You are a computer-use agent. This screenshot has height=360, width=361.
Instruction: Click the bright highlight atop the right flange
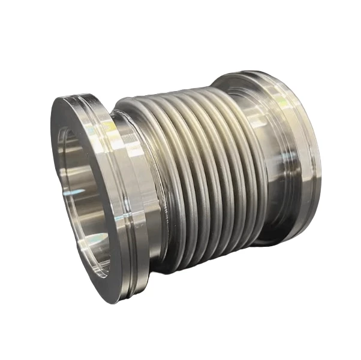pyautogui.click(x=252, y=81)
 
